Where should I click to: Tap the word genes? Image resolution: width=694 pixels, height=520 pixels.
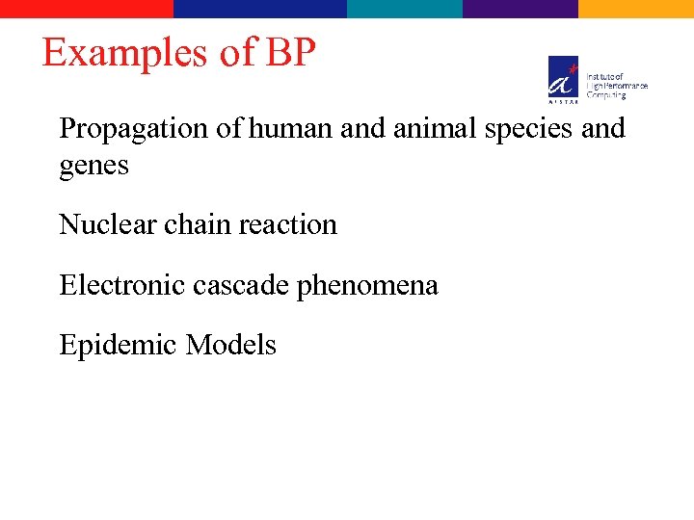93,167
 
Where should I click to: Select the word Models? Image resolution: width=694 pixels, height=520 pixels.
231,345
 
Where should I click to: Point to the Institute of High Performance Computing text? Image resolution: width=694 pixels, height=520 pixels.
617,85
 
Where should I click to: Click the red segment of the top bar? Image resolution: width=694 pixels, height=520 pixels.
87,9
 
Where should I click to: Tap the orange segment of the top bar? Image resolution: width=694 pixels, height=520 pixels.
636,9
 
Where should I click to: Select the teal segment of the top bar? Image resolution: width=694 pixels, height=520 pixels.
405,9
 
